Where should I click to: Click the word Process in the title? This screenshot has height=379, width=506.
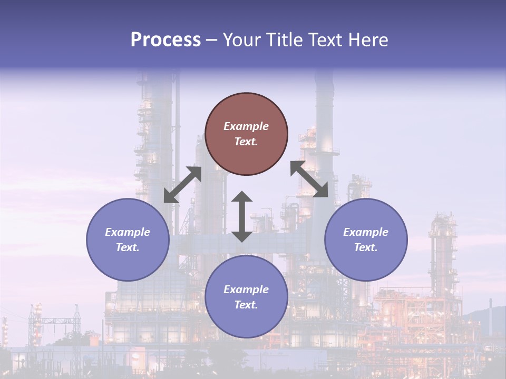click(x=166, y=39)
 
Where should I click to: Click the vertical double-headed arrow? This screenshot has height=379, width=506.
click(x=242, y=216)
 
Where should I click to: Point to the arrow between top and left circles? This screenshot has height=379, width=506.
click(x=182, y=185)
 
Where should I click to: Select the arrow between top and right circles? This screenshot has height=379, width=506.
click(x=309, y=179)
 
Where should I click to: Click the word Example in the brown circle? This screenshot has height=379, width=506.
click(x=246, y=126)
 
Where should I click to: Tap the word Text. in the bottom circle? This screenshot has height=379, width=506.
click(x=246, y=305)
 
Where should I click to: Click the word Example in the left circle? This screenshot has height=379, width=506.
click(x=128, y=232)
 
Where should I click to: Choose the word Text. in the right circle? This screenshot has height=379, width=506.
click(x=366, y=247)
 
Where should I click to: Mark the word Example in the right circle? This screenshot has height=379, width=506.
click(x=366, y=232)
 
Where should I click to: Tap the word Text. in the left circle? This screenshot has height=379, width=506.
click(x=128, y=247)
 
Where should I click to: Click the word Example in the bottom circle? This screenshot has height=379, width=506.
click(x=246, y=290)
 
